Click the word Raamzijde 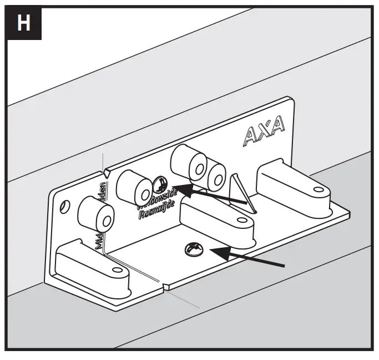click(x=155, y=211)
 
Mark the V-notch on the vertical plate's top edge click(x=107, y=172)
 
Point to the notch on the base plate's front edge click(x=166, y=287)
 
